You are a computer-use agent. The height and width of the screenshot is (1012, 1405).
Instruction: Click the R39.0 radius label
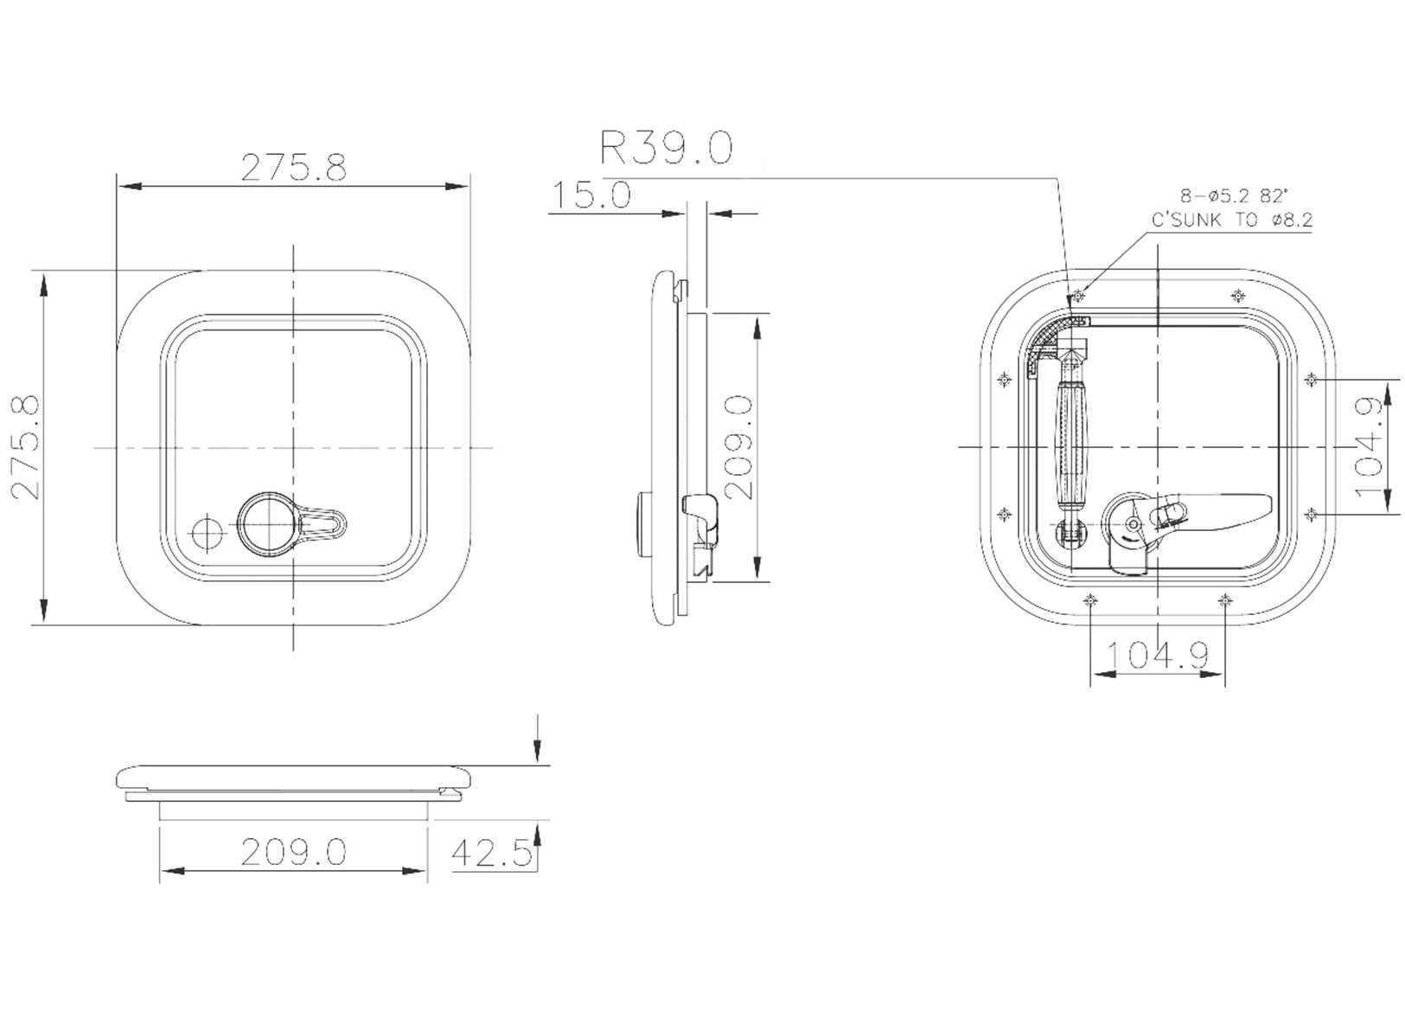(666, 148)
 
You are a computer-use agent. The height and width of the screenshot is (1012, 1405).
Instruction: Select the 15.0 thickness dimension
(591, 196)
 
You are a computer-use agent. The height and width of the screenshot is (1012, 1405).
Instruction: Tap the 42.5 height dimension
(490, 854)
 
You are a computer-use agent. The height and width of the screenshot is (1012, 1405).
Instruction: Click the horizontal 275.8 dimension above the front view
(293, 168)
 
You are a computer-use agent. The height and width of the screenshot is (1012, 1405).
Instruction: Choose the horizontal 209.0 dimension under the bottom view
(293, 853)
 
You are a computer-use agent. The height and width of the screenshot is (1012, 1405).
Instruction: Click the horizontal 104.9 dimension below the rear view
(1157, 656)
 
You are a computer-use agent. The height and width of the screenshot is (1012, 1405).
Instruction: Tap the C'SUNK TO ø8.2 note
(1231, 221)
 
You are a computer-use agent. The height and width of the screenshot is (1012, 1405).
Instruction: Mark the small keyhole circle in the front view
(206, 533)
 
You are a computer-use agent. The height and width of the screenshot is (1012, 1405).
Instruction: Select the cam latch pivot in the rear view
(1132, 524)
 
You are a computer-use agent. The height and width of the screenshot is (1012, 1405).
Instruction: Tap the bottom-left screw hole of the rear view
(1091, 599)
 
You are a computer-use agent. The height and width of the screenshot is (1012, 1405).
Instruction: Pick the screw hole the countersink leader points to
(1077, 296)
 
